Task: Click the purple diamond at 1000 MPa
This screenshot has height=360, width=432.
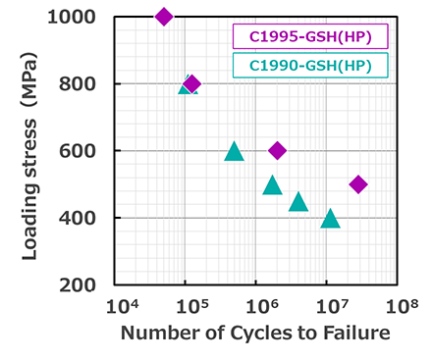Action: [x=164, y=16]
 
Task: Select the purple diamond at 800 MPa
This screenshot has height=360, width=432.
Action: [x=191, y=83]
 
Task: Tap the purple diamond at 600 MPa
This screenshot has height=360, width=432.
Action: [x=277, y=150]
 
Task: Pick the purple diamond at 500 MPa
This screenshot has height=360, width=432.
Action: [x=358, y=183]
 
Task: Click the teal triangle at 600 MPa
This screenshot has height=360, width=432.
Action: [x=234, y=151]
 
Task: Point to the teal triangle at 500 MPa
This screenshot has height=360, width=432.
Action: [x=272, y=184]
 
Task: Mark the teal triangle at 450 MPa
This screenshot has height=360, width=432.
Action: [x=298, y=202]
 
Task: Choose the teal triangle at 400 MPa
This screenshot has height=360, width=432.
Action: [x=331, y=218]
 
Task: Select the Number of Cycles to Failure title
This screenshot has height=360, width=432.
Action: [x=255, y=334]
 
